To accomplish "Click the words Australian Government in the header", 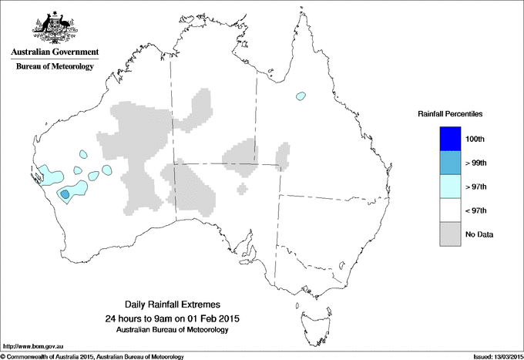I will pyautogui.click(x=55, y=52).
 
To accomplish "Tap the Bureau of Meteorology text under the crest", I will pyautogui.click(x=55, y=67).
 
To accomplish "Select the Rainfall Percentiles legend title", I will pyautogui.click(x=450, y=113).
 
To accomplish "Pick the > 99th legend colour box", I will pyautogui.click(x=445, y=162).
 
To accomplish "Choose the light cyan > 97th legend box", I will pyautogui.click(x=445, y=186).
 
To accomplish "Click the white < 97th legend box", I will pyautogui.click(x=445, y=210).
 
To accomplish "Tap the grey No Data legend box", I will pyautogui.click(x=445, y=234).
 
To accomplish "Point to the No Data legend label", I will pyautogui.click(x=479, y=234).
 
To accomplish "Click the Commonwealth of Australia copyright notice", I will pyautogui.click(x=92, y=356).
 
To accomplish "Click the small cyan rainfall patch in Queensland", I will pyautogui.click(x=300, y=96).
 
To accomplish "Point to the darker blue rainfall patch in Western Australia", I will pyautogui.click(x=65, y=193).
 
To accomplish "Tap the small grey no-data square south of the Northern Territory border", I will pyautogui.click(x=243, y=187).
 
